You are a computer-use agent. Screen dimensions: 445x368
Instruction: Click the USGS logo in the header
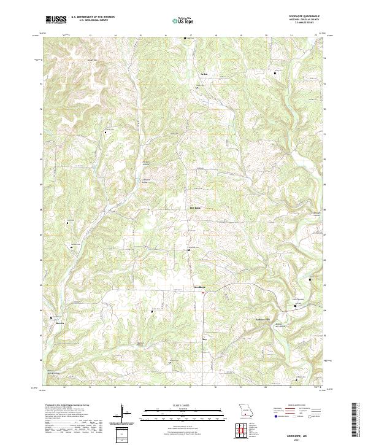coord(56,20)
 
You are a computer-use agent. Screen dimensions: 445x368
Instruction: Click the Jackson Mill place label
coord(263,320)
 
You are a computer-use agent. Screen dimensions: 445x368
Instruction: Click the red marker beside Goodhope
coord(203,292)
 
